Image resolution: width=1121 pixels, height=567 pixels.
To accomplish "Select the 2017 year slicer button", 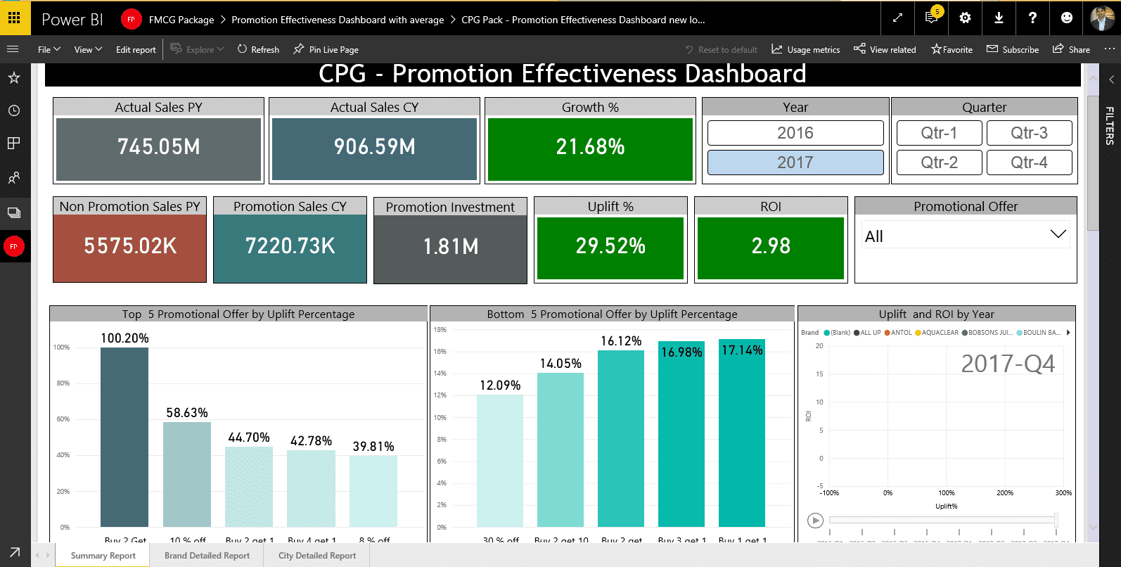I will [795, 163].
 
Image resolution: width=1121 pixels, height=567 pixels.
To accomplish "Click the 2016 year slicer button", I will [795, 133].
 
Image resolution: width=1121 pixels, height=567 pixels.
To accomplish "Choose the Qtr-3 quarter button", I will [1029, 133].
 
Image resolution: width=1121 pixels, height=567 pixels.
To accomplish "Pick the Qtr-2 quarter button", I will [939, 163].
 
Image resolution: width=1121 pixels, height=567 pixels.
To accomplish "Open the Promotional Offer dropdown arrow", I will [1058, 235].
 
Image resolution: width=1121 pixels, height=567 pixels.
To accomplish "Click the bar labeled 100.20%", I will [124, 436].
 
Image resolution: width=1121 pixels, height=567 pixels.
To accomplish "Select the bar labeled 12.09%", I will [500, 460].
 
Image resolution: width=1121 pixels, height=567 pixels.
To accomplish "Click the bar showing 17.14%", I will [742, 436].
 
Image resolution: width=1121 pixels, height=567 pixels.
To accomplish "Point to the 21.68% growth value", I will [590, 147].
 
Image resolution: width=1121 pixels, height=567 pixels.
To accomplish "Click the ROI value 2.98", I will [771, 246].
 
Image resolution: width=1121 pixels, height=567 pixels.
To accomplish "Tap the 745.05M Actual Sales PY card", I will [159, 147].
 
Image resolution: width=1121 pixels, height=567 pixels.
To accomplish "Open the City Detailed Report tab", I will [317, 556].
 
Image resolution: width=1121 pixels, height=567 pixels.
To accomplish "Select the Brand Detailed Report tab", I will [207, 556].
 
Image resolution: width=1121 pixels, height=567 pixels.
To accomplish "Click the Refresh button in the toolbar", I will [258, 50].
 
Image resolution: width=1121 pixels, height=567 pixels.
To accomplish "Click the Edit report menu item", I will [136, 50].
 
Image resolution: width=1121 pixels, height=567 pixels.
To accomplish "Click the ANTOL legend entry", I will [898, 333].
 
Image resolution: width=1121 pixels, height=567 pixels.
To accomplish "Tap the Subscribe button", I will [1013, 50].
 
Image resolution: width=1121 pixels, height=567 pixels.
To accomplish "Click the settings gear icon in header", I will [965, 18].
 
